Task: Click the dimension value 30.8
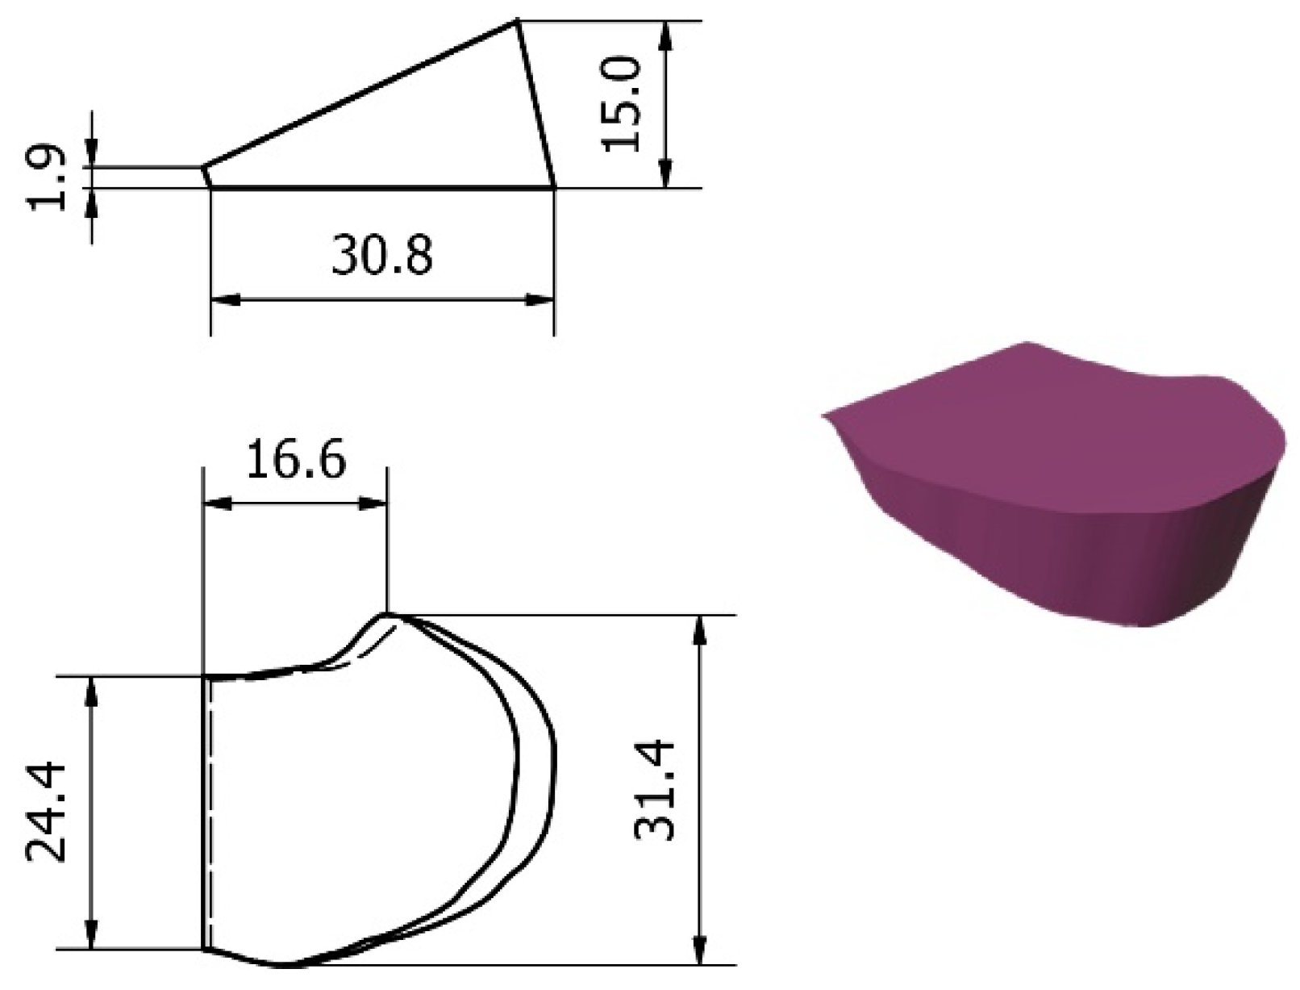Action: coord(381,256)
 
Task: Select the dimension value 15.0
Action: coord(622,104)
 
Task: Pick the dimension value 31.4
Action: coord(653,791)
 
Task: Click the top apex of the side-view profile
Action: coord(515,22)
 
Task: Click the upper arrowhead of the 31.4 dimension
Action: coord(700,631)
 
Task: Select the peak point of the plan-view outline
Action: coord(388,615)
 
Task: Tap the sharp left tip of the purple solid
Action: coord(824,416)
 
